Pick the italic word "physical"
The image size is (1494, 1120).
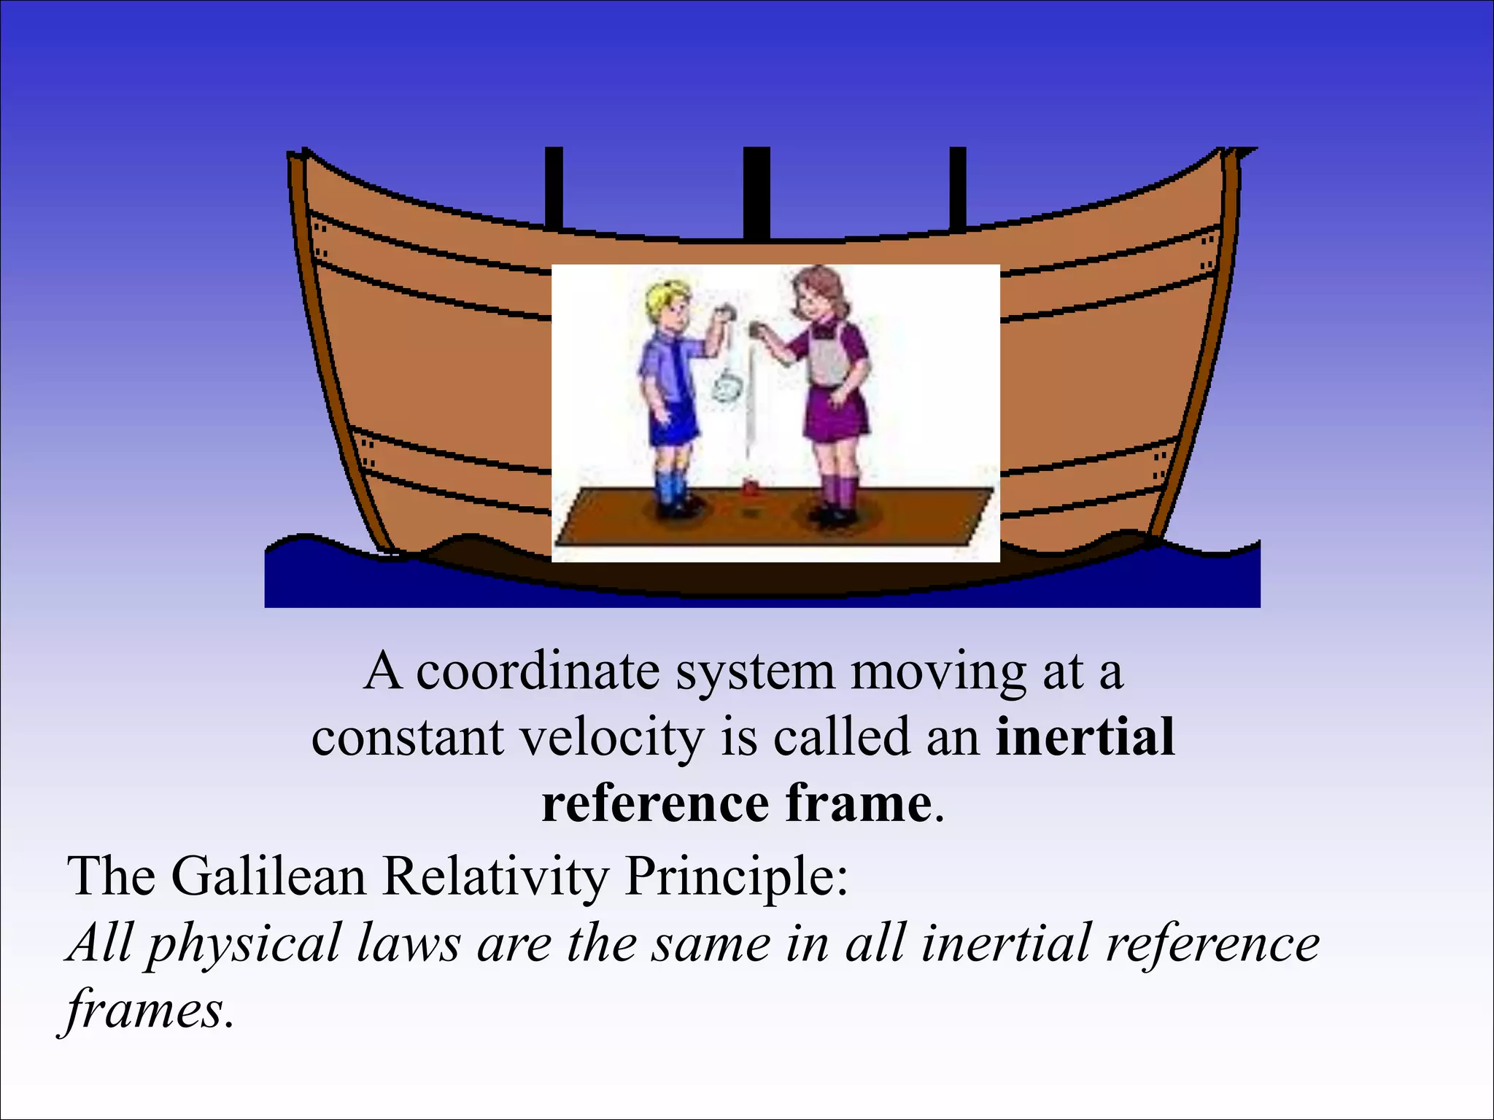[245, 944]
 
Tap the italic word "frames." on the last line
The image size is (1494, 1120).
[150, 1010]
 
